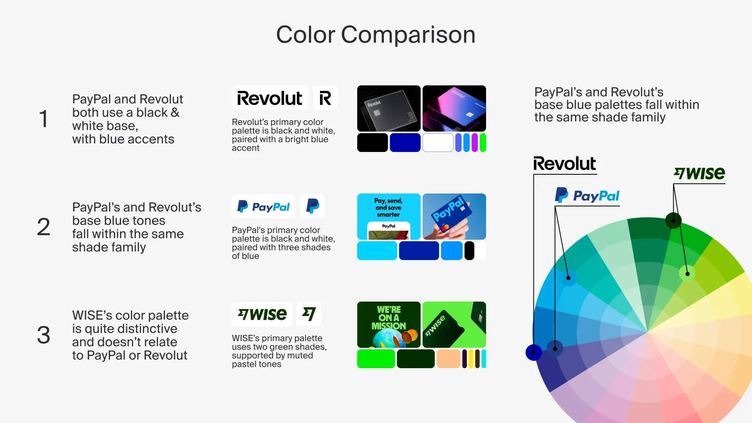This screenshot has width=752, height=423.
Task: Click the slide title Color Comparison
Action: [376, 35]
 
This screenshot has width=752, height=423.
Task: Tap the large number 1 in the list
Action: [43, 119]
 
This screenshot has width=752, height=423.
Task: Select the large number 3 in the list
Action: [43, 335]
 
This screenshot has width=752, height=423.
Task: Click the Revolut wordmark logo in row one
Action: [270, 98]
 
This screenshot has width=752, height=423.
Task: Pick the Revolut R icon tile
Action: [325, 98]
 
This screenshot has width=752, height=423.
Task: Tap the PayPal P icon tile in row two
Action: [313, 206]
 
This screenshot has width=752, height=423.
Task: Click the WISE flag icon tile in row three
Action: [309, 314]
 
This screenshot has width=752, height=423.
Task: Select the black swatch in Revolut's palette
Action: [372, 143]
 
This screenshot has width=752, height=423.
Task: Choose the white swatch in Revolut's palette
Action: [438, 143]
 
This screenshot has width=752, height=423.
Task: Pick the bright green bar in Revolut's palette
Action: [483, 143]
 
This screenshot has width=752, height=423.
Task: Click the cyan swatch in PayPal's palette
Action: [377, 251]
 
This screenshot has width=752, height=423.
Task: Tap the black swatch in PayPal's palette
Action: [469, 251]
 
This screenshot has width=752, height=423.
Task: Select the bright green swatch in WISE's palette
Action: [376, 359]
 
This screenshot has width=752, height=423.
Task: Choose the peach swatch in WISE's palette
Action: [448, 359]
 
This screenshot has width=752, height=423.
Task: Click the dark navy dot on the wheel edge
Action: [533, 352]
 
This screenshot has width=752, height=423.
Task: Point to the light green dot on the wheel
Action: [687, 273]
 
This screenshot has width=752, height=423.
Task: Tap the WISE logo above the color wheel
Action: [700, 174]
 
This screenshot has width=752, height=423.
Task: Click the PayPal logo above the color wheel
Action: [587, 195]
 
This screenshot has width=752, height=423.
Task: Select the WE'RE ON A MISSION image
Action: [389, 325]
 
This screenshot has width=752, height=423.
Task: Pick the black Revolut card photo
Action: [389, 108]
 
